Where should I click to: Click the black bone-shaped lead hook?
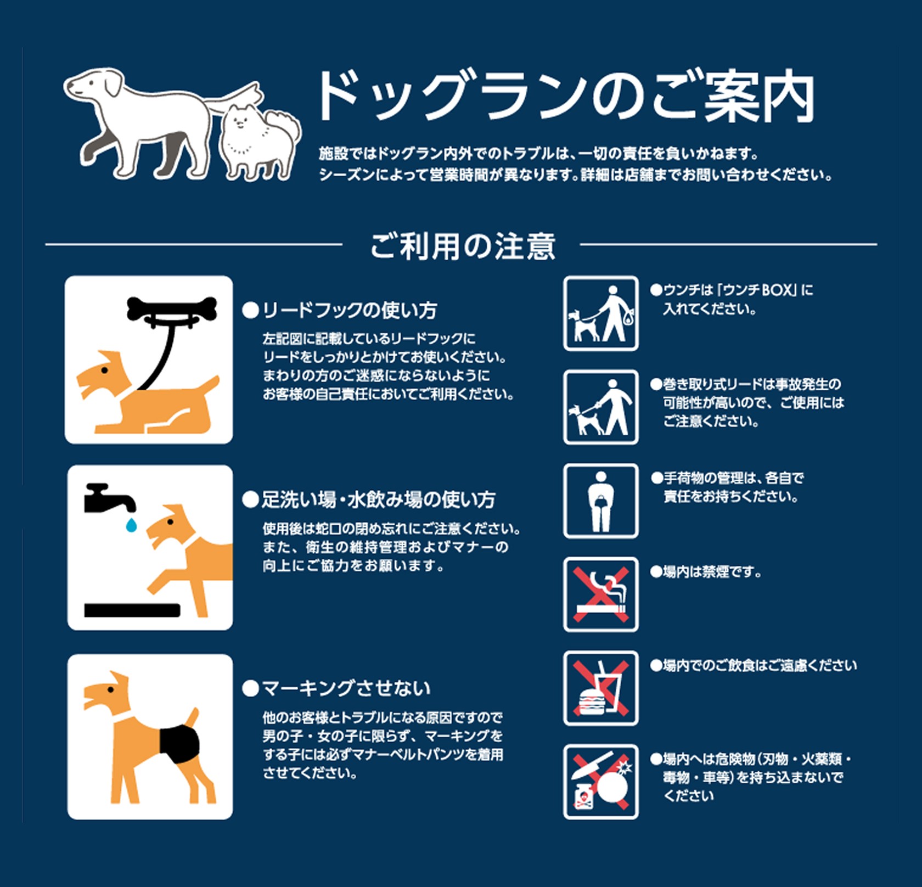tap(171, 308)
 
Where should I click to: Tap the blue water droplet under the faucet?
tap(131, 525)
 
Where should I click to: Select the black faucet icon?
tap(109, 499)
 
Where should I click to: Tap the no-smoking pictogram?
tap(601, 594)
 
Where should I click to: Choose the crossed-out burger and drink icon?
tap(601, 688)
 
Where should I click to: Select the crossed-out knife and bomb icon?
tap(601, 782)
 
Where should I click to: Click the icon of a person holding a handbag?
tap(601, 501)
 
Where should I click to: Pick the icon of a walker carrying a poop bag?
tap(601, 313)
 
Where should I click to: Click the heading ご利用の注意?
tap(463, 246)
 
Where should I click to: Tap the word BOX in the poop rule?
tap(778, 289)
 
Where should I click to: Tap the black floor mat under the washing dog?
tap(132, 610)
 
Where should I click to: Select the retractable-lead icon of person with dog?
tap(601, 407)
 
